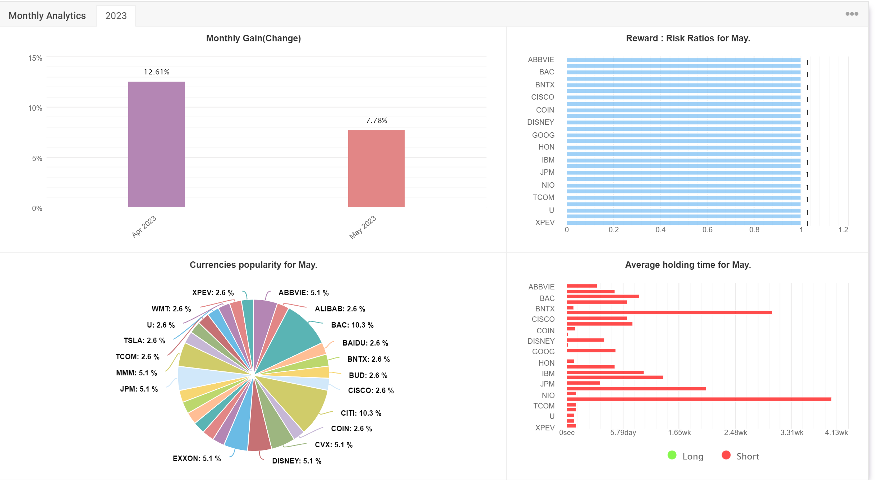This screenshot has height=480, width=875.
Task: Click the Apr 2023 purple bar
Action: [156, 144]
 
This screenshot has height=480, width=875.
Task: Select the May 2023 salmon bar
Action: [376, 168]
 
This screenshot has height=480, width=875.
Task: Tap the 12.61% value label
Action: [157, 72]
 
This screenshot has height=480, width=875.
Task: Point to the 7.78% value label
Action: [377, 120]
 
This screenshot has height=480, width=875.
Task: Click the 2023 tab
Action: [116, 16]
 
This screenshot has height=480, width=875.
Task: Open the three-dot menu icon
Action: [852, 14]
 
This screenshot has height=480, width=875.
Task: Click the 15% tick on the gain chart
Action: [35, 58]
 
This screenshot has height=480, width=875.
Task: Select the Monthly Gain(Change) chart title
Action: [253, 38]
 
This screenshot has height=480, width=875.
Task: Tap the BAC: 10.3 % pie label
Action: [352, 325]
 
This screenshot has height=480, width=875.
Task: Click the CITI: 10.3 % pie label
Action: [361, 413]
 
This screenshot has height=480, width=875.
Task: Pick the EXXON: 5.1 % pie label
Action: [197, 458]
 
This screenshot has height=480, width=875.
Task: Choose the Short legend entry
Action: [740, 456]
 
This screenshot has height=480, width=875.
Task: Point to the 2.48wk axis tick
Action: [735, 433]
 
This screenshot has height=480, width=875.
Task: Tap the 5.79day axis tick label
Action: [623, 433]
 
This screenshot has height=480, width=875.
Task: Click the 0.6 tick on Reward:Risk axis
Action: [707, 230]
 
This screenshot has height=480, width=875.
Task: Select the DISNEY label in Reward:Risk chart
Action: [540, 122]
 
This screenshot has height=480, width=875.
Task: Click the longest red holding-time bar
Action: [699, 399]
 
